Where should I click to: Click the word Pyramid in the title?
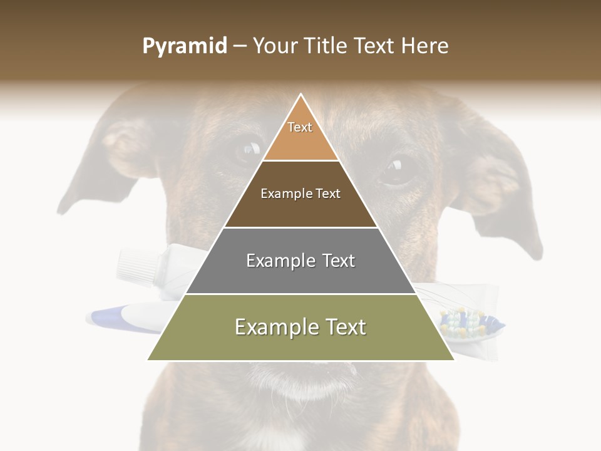click(x=184, y=46)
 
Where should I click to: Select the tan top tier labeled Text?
click(x=300, y=135)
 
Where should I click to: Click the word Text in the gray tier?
click(x=332, y=261)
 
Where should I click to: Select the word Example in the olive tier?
click(x=270, y=327)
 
